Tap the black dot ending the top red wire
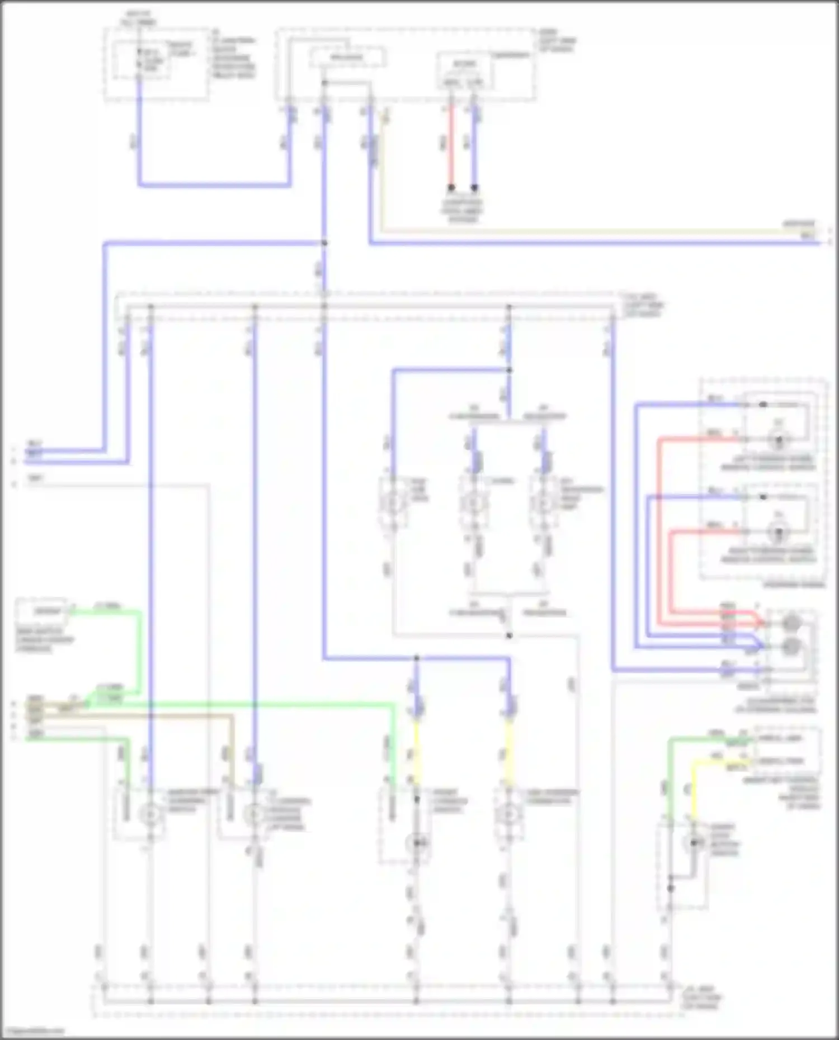(451, 188)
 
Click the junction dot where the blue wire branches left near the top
(324, 243)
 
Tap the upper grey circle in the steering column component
(791, 622)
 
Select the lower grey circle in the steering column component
(791, 647)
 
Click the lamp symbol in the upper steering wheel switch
(778, 440)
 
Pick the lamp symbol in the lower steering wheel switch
(778, 533)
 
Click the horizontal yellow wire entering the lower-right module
(722, 762)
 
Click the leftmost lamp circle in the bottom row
(150, 815)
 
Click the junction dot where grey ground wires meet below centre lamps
(508, 635)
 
